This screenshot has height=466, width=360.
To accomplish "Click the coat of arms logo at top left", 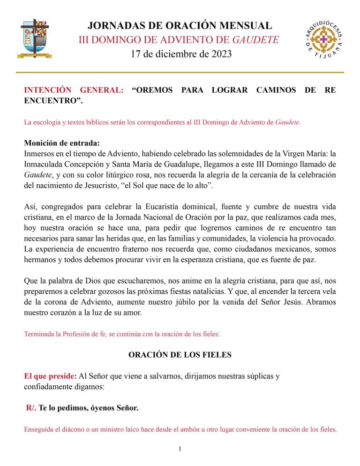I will pyautogui.click(x=36, y=38).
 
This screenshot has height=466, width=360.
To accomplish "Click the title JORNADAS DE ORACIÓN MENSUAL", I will pyautogui.click(x=180, y=25).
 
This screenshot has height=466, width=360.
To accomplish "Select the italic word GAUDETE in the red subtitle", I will pyautogui.click(x=256, y=39).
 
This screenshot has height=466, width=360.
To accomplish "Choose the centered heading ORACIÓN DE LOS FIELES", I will pyautogui.click(x=180, y=355).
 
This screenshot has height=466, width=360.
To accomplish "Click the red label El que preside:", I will pyautogui.click(x=50, y=376).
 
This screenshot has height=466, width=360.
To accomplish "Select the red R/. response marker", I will pyautogui.click(x=31, y=408).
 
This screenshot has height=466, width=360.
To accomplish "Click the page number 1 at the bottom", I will pyautogui.click(x=180, y=449).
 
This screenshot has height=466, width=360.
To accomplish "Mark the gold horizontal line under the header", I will pyautogui.click(x=180, y=72).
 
